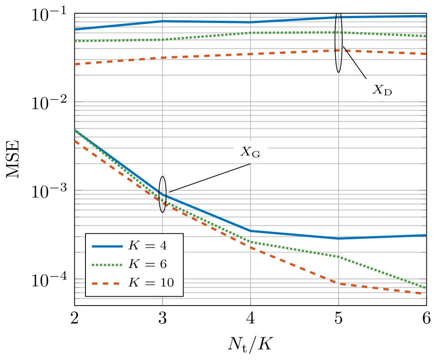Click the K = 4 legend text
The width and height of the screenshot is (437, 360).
(x=147, y=245)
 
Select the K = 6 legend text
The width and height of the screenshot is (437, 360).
(x=147, y=264)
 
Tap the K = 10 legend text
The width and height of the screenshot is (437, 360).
(x=151, y=283)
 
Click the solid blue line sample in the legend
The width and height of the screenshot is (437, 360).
(x=107, y=246)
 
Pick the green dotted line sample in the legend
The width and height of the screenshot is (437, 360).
(x=107, y=264)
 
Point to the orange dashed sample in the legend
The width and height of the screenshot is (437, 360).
(x=107, y=283)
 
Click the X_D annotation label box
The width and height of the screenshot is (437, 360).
(x=382, y=90)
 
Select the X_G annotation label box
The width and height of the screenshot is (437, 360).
(x=250, y=152)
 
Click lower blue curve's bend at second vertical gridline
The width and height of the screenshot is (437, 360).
(x=251, y=230)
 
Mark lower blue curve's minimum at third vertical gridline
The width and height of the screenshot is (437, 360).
(x=339, y=238)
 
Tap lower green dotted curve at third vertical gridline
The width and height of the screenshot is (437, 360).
(x=339, y=256)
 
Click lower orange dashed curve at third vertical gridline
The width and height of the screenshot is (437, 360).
(x=339, y=283)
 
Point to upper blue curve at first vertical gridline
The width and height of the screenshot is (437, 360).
(x=162, y=21)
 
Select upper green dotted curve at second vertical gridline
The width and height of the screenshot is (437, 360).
(x=251, y=33)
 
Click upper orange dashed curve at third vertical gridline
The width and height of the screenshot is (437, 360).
(x=339, y=50)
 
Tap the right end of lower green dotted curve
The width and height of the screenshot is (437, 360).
(x=425, y=287)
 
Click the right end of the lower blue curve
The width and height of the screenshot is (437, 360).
(x=425, y=235)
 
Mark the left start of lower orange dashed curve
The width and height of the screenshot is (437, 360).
(x=76, y=141)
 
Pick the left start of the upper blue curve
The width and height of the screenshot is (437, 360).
(x=76, y=29)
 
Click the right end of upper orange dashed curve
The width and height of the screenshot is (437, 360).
(x=425, y=54)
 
